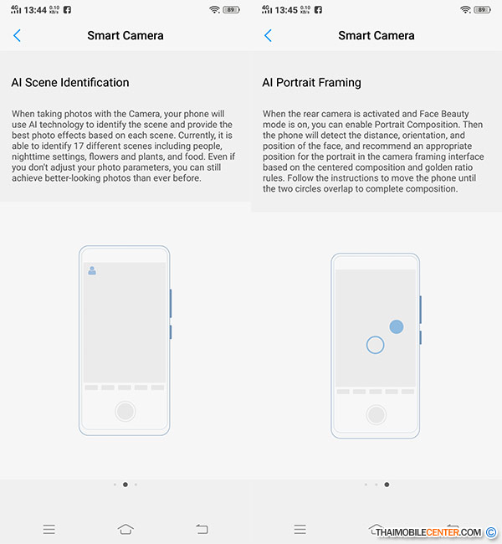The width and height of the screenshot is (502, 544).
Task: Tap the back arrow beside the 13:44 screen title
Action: pos(17,35)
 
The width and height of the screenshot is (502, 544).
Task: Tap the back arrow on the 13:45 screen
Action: pos(268,35)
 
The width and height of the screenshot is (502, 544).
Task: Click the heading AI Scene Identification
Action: pos(70,83)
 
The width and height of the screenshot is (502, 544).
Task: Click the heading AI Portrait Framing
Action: pos(311,83)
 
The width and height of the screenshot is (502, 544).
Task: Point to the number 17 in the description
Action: pos(79,146)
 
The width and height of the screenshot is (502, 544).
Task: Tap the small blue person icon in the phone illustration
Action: pos(92,270)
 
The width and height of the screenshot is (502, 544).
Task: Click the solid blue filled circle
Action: pos(397,326)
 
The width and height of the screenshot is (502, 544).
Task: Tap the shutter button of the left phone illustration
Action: pos(125,411)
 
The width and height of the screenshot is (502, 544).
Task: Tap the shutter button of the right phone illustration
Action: pos(376,414)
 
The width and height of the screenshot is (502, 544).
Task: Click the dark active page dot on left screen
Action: pos(125,485)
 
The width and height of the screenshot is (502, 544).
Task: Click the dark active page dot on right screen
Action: pos(387,485)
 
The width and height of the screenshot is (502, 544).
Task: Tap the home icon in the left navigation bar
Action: pos(125,529)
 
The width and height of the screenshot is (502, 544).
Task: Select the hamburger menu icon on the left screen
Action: pos(49,530)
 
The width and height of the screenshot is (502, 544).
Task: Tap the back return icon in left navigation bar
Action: pos(202,529)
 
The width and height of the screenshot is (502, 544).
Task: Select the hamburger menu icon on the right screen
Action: pos(300,530)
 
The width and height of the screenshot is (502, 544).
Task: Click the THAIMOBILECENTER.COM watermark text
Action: pos(428,532)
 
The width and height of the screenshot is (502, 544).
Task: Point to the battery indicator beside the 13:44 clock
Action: pos(232,10)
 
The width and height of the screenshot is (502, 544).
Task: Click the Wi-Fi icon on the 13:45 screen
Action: pos(465,10)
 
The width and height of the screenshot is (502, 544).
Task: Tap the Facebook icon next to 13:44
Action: pos(67,10)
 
